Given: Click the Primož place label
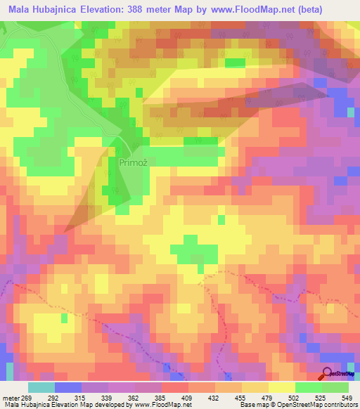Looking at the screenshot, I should pyautogui.click(x=133, y=162).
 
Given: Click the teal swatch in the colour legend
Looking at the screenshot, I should pyautogui.click(x=41, y=387).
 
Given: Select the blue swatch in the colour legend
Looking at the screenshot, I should pyautogui.click(x=68, y=387).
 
